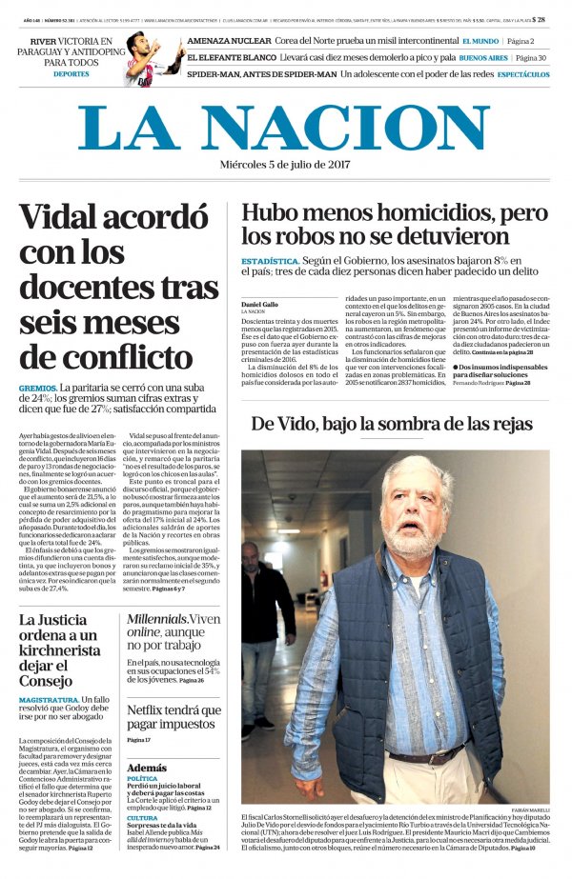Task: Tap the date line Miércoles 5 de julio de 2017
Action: click(x=285, y=165)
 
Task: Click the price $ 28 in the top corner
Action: click(x=539, y=19)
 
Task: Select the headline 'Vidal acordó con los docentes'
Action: click(x=119, y=286)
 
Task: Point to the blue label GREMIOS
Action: click(x=36, y=389)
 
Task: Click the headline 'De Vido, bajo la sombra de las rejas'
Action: click(x=392, y=423)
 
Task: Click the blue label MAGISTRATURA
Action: click(x=49, y=700)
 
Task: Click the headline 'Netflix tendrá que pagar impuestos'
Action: click(x=174, y=717)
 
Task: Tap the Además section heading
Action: click(x=146, y=768)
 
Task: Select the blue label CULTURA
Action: click(x=142, y=817)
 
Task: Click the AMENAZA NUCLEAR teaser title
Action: click(x=229, y=41)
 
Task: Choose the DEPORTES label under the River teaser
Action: click(x=71, y=73)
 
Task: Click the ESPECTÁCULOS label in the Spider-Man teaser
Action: click(x=522, y=73)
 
